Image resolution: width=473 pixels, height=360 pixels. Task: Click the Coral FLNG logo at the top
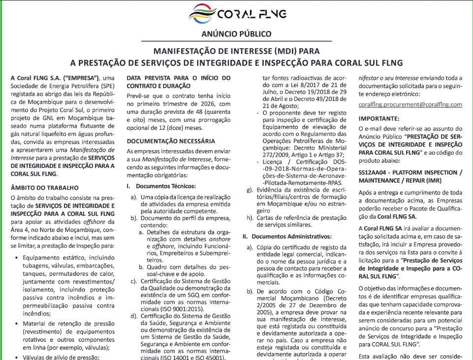[236, 13]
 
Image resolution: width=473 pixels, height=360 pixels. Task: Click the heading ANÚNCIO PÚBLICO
[236, 34]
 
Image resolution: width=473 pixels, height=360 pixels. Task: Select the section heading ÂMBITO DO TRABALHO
[44, 188]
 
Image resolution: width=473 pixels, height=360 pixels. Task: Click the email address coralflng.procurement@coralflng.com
[410, 104]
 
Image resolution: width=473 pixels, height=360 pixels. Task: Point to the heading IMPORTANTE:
[378, 119]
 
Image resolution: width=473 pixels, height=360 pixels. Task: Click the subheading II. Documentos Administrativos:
[287, 236]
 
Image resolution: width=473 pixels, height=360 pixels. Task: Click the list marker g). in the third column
[250, 190]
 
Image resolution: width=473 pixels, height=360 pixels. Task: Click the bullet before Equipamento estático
[18, 257]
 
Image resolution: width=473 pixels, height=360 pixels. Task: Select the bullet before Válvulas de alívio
[18, 357]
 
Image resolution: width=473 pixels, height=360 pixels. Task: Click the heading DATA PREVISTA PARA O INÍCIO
[178, 78]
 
